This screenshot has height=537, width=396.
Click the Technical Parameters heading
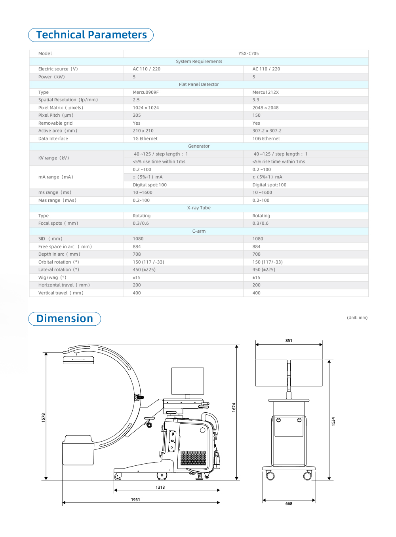click(x=91, y=35)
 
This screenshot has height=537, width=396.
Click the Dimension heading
click(x=65, y=319)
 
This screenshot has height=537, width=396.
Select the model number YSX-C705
click(x=248, y=53)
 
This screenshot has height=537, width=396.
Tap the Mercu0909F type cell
click(x=146, y=92)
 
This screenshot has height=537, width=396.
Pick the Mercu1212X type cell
click(x=265, y=92)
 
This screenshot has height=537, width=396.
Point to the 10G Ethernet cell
click(x=266, y=139)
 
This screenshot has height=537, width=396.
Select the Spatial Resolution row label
click(x=68, y=100)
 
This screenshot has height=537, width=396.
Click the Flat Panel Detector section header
click(x=199, y=84)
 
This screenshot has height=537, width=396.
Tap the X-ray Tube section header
click(x=199, y=208)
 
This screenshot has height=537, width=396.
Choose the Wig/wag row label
click(x=52, y=277)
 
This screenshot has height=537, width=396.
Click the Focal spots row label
click(x=58, y=223)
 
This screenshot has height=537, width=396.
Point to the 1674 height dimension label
click(x=234, y=407)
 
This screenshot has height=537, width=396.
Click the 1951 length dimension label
click(x=135, y=499)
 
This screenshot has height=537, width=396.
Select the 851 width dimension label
click(x=289, y=340)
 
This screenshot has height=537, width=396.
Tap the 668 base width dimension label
click(x=289, y=504)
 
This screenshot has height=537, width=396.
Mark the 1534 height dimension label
click(x=333, y=421)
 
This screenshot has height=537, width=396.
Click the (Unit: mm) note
click(x=357, y=317)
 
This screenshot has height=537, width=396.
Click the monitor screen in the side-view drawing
click(x=188, y=381)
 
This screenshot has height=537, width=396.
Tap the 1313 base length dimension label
click(x=160, y=487)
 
